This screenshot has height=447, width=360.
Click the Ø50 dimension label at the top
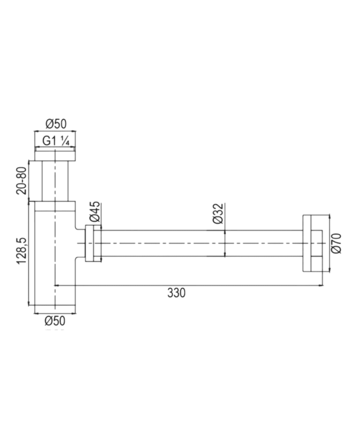point(56,124)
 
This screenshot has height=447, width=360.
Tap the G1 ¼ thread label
point(56,141)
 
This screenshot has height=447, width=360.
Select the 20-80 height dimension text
point(22,181)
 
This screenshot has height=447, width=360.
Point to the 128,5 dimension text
point(22,251)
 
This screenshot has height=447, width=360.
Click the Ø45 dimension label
point(95,211)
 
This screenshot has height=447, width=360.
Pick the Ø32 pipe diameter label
point(219,214)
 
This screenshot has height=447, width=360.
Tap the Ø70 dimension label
point(336,243)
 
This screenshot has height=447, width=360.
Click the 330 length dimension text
point(176,293)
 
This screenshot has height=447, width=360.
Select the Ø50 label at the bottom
point(55,321)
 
